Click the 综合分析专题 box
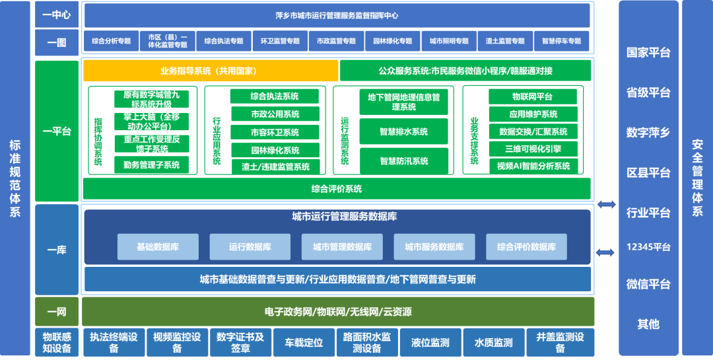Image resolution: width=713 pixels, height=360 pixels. click(x=112, y=41)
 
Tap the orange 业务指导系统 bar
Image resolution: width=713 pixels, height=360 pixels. click(x=210, y=71)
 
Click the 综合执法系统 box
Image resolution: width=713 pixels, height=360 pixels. click(x=274, y=96)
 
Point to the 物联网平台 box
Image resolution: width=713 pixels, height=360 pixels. click(x=533, y=96)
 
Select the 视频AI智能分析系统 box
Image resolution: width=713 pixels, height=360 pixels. click(x=533, y=166)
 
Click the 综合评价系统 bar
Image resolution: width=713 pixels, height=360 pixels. click(x=337, y=189)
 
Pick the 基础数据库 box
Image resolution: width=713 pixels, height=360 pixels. click(x=157, y=246)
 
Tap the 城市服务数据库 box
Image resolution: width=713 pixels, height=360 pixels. click(x=434, y=246)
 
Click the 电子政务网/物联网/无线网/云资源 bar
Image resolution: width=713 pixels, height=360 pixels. click(x=337, y=311)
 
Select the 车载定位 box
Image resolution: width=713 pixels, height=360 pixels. click(x=304, y=343)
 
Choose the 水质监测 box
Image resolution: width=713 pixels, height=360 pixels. click(x=493, y=343)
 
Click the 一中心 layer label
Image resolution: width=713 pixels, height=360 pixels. click(x=56, y=15)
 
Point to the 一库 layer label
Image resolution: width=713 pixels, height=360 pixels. click(x=56, y=250)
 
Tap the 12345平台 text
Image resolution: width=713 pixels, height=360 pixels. click(x=648, y=247)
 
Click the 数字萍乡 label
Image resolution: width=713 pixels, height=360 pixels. click(x=648, y=132)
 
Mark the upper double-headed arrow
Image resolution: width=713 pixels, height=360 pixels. click(x=606, y=205)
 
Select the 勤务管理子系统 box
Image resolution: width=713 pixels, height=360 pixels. click(x=151, y=165)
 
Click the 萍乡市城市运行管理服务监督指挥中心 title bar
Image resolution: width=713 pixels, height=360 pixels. click(x=337, y=15)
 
